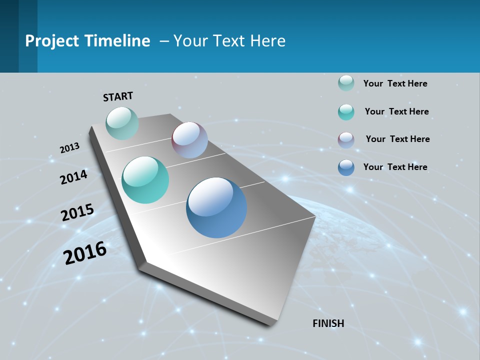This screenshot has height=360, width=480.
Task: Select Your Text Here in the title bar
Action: click(x=229, y=41)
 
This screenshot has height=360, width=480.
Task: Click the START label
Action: click(x=118, y=96)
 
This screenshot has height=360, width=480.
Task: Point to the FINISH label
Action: click(x=328, y=323)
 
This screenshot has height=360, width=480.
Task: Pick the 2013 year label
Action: click(x=70, y=148)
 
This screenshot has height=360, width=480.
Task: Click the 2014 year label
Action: click(x=74, y=177)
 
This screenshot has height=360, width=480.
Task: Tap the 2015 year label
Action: click(x=77, y=212)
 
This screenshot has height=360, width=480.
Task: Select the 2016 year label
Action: click(x=85, y=253)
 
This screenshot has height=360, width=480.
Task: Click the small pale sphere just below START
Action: click(x=122, y=123)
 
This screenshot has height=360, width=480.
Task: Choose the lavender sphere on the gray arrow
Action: click(x=189, y=140)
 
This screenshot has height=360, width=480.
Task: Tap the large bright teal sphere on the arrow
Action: click(x=145, y=180)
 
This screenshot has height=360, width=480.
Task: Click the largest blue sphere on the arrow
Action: click(x=216, y=207)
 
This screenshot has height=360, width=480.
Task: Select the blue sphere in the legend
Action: click(x=346, y=167)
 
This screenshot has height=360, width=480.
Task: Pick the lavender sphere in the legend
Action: click(x=346, y=140)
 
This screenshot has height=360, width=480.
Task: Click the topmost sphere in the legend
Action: click(x=346, y=83)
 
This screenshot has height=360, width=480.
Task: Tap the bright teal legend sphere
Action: click(x=346, y=112)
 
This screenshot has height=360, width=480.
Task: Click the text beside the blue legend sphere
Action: click(x=395, y=167)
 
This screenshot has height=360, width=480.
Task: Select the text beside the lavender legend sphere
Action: click(x=397, y=139)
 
